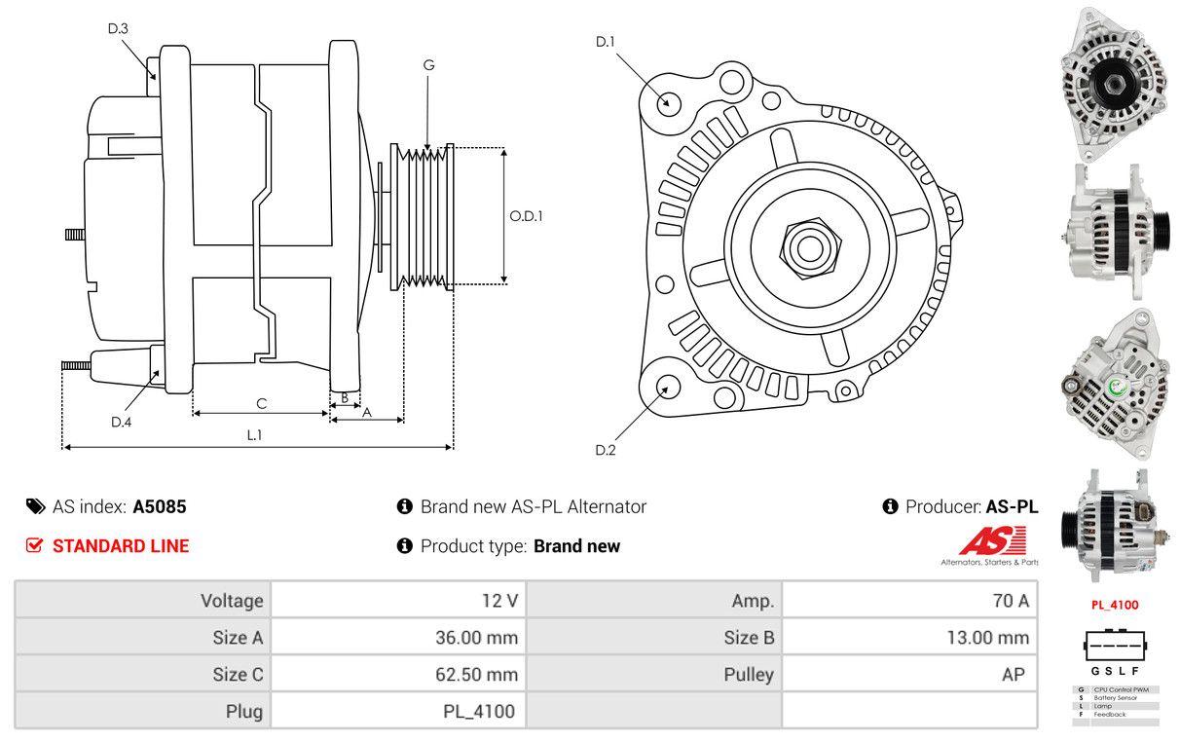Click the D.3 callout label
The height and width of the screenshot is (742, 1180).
click(118, 28)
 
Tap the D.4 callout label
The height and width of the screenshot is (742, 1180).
click(121, 422)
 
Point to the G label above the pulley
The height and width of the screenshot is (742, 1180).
click(428, 65)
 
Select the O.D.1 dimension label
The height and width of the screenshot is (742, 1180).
click(526, 216)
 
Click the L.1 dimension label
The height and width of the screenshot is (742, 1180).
click(254, 435)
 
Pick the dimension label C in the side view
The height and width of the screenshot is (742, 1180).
click(261, 402)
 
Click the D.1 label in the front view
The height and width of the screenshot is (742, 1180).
click(606, 41)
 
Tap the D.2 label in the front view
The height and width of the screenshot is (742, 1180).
click(606, 450)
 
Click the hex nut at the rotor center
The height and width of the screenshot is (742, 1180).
click(807, 246)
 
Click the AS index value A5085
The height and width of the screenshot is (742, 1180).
click(160, 506)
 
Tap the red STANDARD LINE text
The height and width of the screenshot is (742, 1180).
click(121, 545)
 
